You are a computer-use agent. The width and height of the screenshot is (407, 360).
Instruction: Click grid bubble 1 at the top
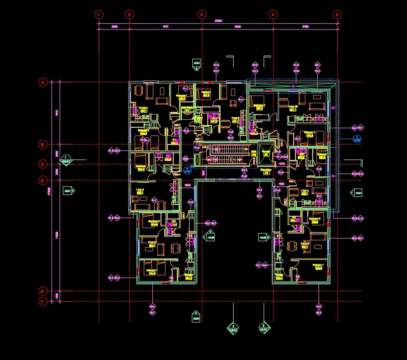pos(99,14)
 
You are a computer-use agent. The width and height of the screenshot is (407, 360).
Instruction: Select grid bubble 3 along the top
pos(202,14)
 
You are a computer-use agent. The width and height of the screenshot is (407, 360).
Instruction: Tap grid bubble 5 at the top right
pos(337,14)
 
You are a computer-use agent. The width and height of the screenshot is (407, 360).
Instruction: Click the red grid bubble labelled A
pos(43,82)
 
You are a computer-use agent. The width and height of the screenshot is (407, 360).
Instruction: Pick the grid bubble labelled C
pos(43,165)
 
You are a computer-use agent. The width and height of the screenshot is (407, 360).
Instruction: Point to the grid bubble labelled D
pos(43,180)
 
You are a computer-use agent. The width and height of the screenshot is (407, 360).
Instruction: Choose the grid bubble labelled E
pos(43,291)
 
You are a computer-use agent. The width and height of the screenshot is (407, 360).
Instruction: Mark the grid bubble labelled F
pos(43,302)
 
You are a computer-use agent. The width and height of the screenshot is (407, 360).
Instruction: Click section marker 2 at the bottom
pos(233,328)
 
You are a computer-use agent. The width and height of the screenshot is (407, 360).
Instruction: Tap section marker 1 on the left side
pos(66,159)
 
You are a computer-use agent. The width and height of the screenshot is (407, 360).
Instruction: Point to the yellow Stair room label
pos(254,153)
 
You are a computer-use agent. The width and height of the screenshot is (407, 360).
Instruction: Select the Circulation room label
pos(266,171)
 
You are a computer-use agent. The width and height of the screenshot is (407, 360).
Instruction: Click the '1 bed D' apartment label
pos(140,191)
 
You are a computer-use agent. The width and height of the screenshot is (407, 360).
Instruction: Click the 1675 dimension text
pos(187,185)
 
